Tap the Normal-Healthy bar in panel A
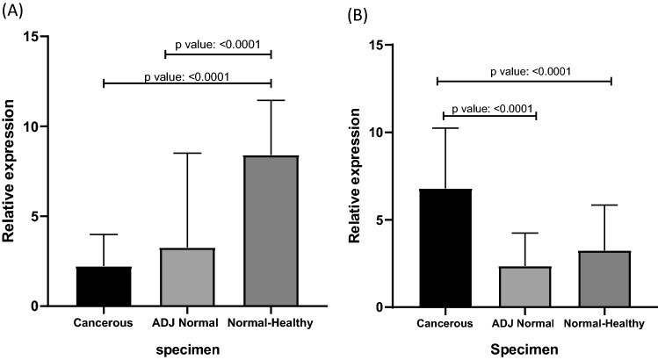tap(271, 231)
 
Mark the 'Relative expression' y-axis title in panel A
tap(11, 172)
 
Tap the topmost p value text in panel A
tap(219, 44)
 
